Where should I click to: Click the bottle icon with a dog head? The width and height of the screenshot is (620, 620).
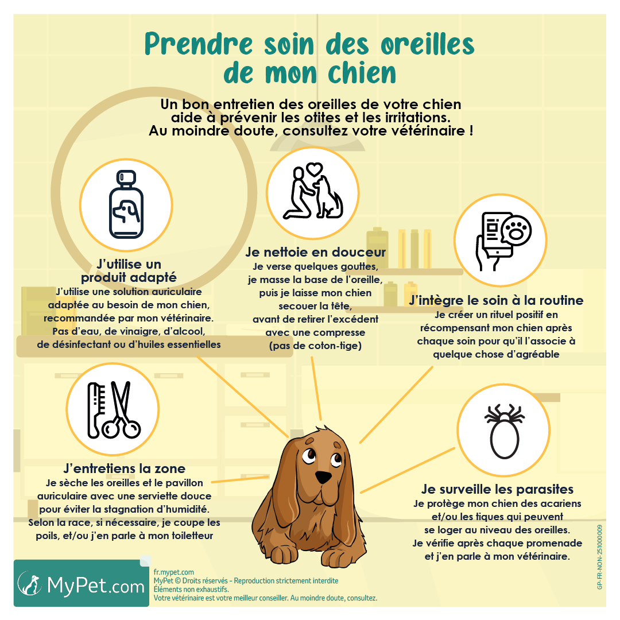126,205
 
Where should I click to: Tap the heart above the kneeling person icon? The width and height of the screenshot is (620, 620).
313,169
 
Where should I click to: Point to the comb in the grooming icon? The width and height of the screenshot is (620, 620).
95,409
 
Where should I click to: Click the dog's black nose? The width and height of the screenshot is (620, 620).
323,478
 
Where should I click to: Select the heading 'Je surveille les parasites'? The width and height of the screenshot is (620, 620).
497,490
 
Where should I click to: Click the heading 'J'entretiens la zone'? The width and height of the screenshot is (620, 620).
124,468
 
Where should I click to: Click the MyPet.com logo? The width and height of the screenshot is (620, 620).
82,584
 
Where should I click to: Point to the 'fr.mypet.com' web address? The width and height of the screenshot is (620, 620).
174,572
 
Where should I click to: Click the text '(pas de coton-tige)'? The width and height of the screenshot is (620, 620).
315,346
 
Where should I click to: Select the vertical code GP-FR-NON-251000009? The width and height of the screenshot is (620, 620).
600,557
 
